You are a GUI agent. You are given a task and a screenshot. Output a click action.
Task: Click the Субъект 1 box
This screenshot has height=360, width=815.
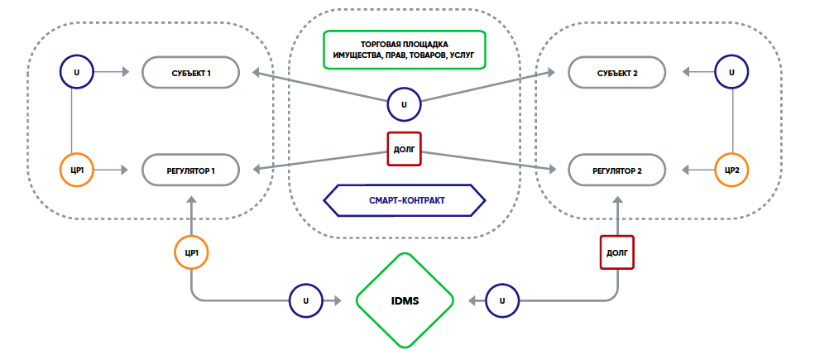(192, 73)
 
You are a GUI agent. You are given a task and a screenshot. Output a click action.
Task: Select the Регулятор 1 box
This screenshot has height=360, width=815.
(192, 170)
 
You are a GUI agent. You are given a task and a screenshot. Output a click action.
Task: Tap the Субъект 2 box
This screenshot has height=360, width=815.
(616, 73)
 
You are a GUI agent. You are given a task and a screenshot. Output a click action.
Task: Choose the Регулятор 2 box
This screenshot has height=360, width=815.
(616, 170)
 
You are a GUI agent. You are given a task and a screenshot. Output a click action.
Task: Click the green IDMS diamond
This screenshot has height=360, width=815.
(405, 300)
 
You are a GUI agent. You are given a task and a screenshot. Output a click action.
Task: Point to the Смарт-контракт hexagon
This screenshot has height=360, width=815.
(404, 200)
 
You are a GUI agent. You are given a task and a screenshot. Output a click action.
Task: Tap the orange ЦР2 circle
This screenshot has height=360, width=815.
(731, 170)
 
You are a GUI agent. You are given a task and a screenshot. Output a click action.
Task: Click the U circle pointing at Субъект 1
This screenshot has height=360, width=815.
(77, 72)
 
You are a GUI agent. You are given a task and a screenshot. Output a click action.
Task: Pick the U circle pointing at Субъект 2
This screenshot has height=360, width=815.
(731, 72)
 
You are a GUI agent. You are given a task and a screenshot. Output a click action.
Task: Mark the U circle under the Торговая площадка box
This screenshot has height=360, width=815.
(404, 105)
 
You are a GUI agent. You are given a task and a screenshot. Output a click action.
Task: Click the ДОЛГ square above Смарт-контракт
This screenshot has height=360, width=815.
(404, 150)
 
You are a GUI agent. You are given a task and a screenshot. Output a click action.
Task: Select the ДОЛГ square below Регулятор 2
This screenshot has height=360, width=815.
(616, 252)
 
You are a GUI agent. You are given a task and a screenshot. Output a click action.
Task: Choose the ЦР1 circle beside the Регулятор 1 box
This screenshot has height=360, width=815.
(77, 170)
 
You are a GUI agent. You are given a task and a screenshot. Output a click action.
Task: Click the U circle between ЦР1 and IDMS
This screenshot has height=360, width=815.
(305, 300)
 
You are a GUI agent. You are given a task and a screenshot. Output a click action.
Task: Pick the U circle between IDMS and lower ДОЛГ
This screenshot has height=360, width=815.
(502, 300)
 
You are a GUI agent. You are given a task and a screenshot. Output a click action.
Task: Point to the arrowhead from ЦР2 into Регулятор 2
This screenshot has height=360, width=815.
(685, 170)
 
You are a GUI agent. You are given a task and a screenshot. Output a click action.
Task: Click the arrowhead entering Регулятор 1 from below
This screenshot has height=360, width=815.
(191, 199)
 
